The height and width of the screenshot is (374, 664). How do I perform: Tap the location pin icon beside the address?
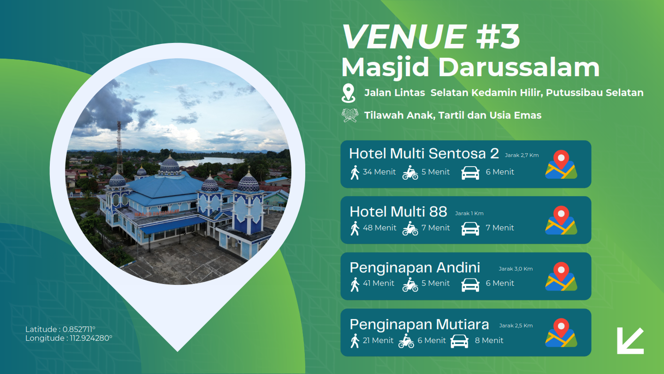pos(348,93)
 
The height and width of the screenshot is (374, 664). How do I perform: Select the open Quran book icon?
pos(350,115)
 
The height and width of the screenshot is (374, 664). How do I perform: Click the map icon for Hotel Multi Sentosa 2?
pos(561,164)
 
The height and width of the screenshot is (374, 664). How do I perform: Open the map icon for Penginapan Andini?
pos(561,276)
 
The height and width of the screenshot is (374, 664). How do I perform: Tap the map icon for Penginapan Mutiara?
pos(561,332)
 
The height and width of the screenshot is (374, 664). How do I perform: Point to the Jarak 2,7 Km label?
pos(522,155)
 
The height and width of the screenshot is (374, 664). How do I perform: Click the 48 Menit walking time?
pos(379,228)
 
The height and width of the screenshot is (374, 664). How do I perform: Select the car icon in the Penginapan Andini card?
pos(470,284)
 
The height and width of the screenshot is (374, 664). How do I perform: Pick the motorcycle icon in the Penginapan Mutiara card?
pos(406,341)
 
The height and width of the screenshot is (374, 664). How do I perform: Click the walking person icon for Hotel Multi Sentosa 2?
pos(355,173)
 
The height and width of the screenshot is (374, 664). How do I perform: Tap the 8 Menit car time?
pos(489,340)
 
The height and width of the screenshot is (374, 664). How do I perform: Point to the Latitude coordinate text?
pos(60,329)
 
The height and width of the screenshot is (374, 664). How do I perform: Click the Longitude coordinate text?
pos(69,338)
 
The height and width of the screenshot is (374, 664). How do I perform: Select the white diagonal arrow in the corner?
pos(630,341)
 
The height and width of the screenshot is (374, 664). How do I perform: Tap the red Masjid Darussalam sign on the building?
pos(157,212)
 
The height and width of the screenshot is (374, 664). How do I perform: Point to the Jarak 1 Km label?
pos(469,213)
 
